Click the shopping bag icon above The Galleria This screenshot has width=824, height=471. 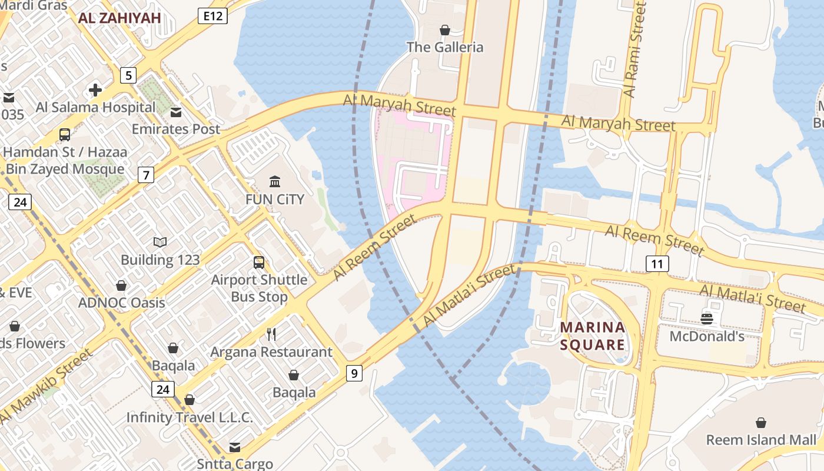click(445, 29)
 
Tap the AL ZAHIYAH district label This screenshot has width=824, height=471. click(119, 18)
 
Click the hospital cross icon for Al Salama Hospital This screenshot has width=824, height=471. click(95, 90)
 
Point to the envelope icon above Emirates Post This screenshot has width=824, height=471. click(176, 112)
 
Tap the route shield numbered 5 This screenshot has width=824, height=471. click(128, 75)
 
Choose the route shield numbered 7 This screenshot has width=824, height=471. click(146, 175)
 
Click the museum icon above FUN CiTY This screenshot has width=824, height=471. click(275, 181)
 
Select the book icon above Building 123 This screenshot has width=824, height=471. click(160, 242)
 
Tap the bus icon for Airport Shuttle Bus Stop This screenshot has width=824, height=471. click(259, 263)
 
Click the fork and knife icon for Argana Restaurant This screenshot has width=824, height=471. click(271, 334)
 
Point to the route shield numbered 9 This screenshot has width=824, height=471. click(354, 373)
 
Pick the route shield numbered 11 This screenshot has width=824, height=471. click(657, 263)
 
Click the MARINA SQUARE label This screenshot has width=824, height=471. click(592, 336)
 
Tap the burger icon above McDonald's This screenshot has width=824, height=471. click(707, 319)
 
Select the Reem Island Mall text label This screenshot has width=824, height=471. click(762, 440)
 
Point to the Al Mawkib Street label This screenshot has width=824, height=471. click(46, 386)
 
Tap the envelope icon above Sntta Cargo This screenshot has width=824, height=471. click(235, 447)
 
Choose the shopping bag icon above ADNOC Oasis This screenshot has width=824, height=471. click(121, 286)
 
